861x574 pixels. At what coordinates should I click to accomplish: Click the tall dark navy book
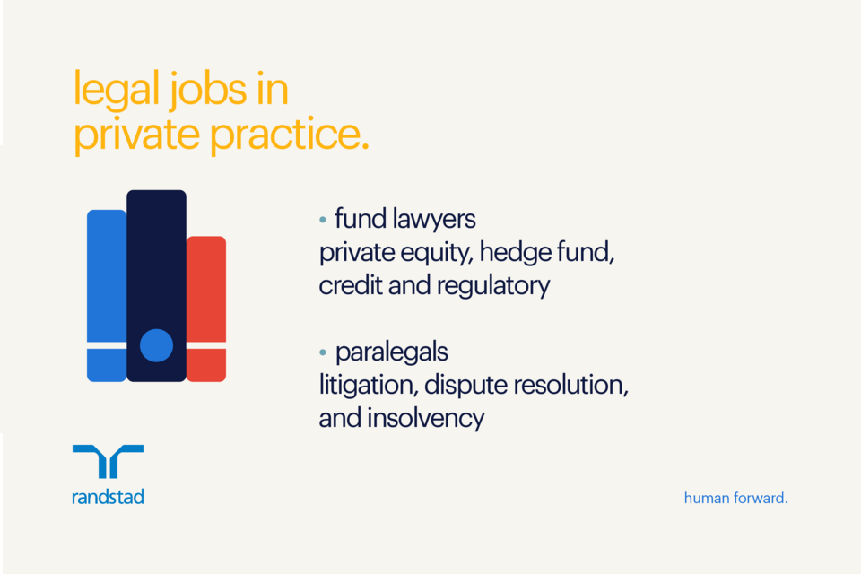(156, 269)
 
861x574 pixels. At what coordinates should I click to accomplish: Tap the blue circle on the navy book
(157, 345)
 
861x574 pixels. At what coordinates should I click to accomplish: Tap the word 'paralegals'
(391, 352)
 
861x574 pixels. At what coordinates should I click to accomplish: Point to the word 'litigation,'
(367, 385)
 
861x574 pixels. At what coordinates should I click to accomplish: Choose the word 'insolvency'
(427, 418)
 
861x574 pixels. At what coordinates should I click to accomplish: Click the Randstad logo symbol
(108, 461)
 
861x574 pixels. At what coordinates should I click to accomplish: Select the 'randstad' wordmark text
(108, 496)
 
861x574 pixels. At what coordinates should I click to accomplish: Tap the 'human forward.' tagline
(735, 497)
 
